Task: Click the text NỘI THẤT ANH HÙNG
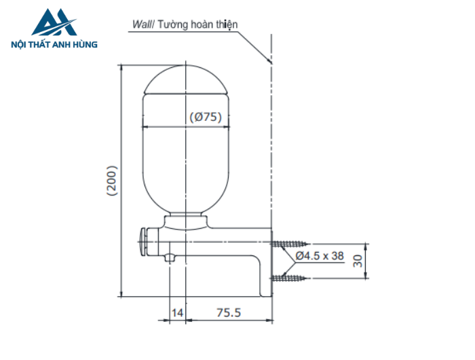pyautogui.click(x=55, y=45)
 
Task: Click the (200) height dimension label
pyautogui.click(x=113, y=181)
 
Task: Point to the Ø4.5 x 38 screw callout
pyautogui.click(x=320, y=256)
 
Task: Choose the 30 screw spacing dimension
pyautogui.click(x=377, y=259)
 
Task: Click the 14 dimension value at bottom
pyautogui.click(x=177, y=312)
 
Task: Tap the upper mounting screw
pyautogui.click(x=290, y=243)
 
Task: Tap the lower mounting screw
pyautogui.click(x=290, y=277)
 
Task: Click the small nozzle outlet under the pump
pyautogui.click(x=170, y=257)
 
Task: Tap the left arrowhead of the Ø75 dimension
pyautogui.click(x=145, y=126)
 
